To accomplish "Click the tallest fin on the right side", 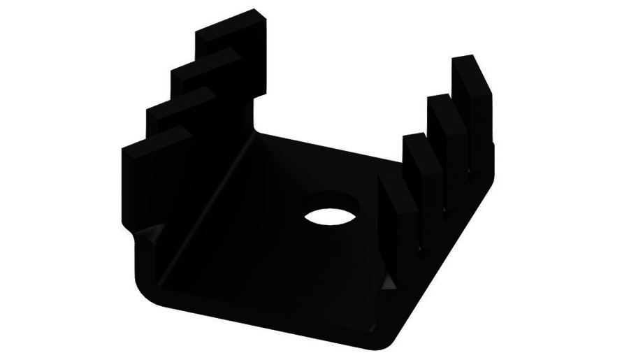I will pos(472,98).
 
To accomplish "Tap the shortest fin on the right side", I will pos(415,175).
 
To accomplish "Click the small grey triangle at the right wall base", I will pos(389,282).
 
